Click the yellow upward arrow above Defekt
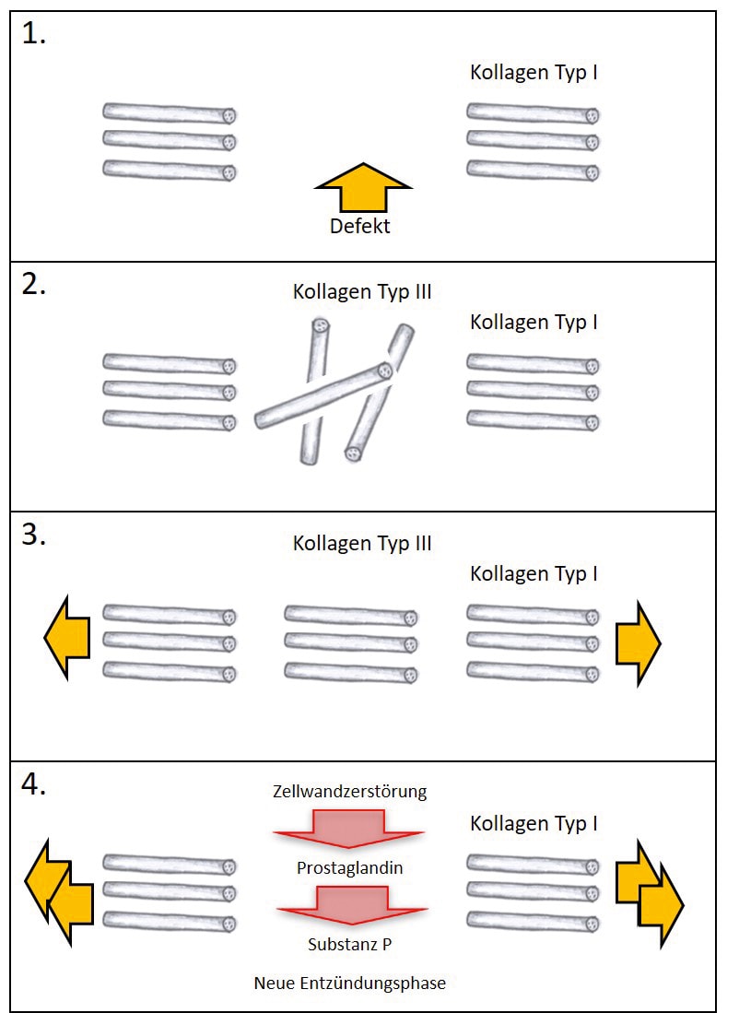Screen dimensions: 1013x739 pyautogui.click(x=363, y=191)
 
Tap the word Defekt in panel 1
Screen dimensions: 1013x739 pyautogui.click(x=360, y=226)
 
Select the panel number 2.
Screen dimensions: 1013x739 pyautogui.click(x=34, y=285)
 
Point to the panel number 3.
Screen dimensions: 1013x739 pyautogui.click(x=34, y=536)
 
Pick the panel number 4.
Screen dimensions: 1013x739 pyautogui.click(x=34, y=786)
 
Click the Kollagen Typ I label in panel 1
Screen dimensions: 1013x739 pyautogui.click(x=534, y=72)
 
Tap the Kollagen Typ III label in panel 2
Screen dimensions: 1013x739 pyautogui.click(x=362, y=292)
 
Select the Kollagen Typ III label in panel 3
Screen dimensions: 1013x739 pyautogui.click(x=362, y=543)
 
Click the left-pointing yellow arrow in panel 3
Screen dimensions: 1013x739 pyautogui.click(x=67, y=638)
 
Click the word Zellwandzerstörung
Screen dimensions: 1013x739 pyautogui.click(x=349, y=792)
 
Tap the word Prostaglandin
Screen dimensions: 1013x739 pyautogui.click(x=349, y=868)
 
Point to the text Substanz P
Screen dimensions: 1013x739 pyautogui.click(x=349, y=945)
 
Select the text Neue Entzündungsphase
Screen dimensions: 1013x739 pyautogui.click(x=349, y=983)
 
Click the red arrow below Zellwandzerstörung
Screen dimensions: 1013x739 pyautogui.click(x=349, y=829)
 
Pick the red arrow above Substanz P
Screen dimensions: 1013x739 pyautogui.click(x=349, y=905)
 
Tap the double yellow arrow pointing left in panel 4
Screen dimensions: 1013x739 pyautogui.click(x=60, y=892)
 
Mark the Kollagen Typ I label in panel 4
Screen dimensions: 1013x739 pyautogui.click(x=534, y=823)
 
